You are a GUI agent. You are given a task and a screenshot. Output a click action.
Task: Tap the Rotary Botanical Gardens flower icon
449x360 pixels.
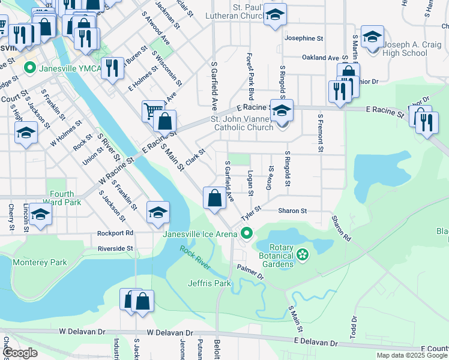[x=303, y=254]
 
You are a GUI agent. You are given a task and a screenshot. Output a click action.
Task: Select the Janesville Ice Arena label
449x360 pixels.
[x=200, y=234]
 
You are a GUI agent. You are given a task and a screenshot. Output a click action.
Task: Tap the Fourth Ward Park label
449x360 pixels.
[x=62, y=198]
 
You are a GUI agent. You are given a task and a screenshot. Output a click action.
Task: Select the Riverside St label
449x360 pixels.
[x=115, y=248]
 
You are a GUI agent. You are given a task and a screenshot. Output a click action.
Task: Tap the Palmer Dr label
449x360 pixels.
[x=250, y=272]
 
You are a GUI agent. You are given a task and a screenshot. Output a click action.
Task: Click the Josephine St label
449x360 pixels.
[x=304, y=38]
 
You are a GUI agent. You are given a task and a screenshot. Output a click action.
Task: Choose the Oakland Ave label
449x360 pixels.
[x=321, y=58]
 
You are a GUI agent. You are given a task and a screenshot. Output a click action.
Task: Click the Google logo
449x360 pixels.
[x=20, y=353]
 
